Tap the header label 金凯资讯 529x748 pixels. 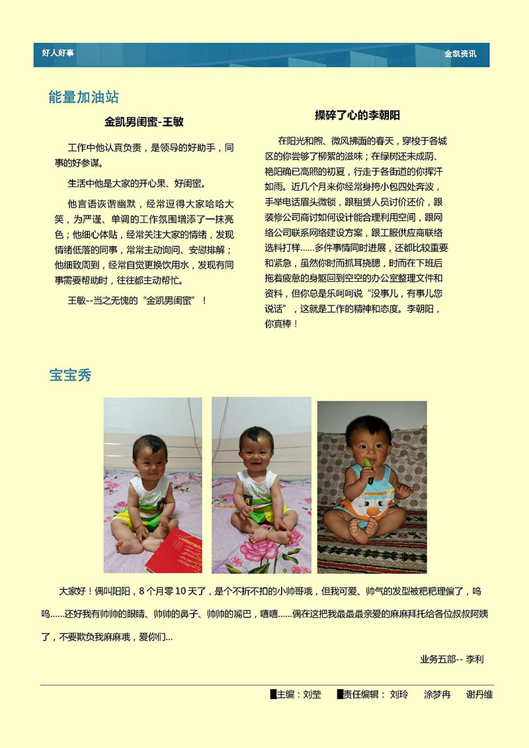(460, 54)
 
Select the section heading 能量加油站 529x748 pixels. (83, 97)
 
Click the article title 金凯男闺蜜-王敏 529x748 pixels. (143, 122)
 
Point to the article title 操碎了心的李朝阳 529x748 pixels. (357, 115)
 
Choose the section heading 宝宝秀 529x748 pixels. (70, 376)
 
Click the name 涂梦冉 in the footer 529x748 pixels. (437, 694)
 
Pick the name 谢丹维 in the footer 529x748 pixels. (479, 694)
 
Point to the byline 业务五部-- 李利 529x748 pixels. (452, 659)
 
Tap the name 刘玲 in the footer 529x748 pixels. (399, 694)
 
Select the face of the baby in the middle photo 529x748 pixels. (257, 450)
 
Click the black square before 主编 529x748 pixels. (273, 694)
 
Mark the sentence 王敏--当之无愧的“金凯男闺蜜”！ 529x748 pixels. (137, 300)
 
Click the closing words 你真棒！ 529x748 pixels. (282, 324)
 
